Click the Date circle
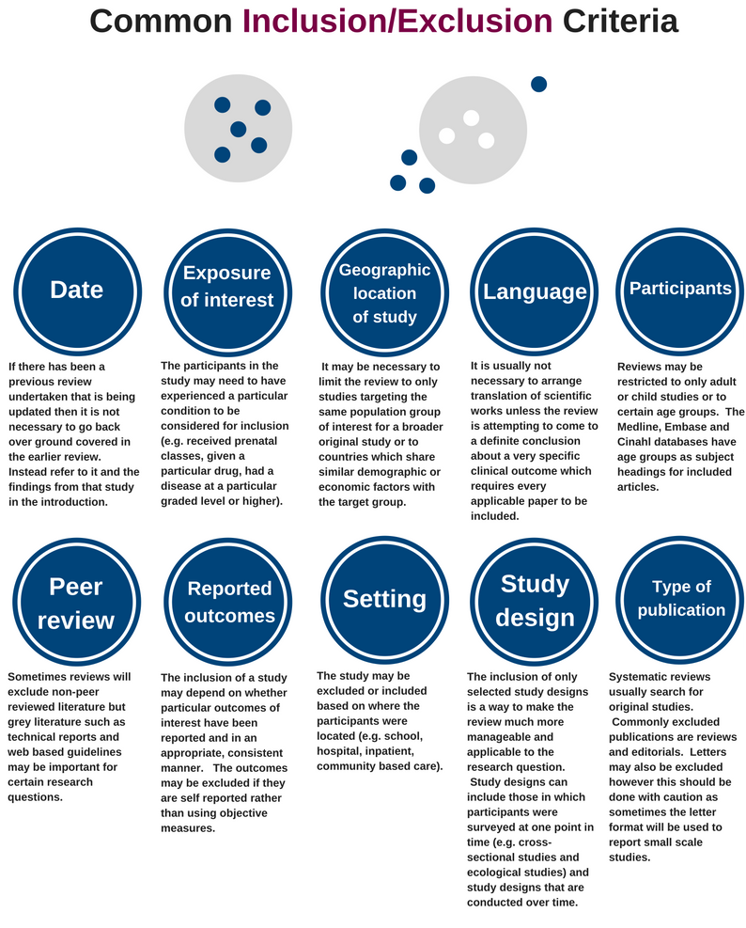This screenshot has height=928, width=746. [x=76, y=290]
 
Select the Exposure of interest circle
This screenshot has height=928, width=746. [x=226, y=287]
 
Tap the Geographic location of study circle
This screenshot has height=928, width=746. [x=384, y=292]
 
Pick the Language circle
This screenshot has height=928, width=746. [x=535, y=291]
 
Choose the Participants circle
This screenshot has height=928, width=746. [x=680, y=289]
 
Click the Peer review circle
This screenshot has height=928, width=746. [x=76, y=603]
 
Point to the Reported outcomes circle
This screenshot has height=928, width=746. [x=229, y=602]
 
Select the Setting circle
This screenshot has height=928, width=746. [x=384, y=599]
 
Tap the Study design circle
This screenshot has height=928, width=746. [x=535, y=600]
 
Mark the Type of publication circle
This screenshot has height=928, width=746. [x=681, y=598]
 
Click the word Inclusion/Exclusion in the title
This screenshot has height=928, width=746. [x=397, y=21]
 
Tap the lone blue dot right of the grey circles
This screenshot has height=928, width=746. [x=538, y=84]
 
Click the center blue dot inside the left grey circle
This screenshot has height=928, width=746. [x=238, y=129]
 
